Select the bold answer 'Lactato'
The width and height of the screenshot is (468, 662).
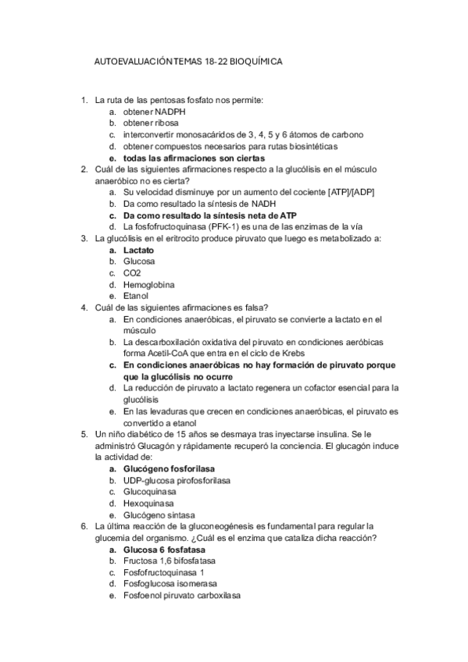(x=138, y=250)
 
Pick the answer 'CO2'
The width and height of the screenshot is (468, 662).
(x=132, y=273)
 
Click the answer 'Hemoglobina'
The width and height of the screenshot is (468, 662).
(x=148, y=285)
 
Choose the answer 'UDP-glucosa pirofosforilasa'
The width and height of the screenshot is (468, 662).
(x=177, y=480)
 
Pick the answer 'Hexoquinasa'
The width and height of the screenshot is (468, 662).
(x=148, y=504)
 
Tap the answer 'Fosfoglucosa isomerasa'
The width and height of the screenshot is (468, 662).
(x=170, y=584)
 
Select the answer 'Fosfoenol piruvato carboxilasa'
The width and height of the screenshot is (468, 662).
(x=181, y=596)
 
